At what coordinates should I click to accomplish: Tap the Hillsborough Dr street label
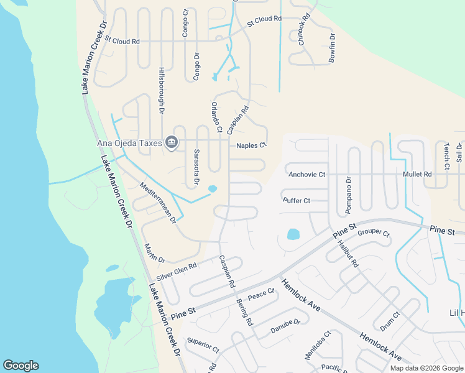tap(161, 90)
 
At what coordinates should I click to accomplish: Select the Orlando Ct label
tap(216, 118)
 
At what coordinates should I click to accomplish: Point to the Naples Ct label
tap(251, 145)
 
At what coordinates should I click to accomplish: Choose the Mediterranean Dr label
tap(158, 203)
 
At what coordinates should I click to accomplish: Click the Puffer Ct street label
tap(297, 200)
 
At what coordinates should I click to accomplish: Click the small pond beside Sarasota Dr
tap(213, 188)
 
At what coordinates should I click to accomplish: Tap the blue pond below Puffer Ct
tap(293, 235)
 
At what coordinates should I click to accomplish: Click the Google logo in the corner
tap(21, 366)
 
